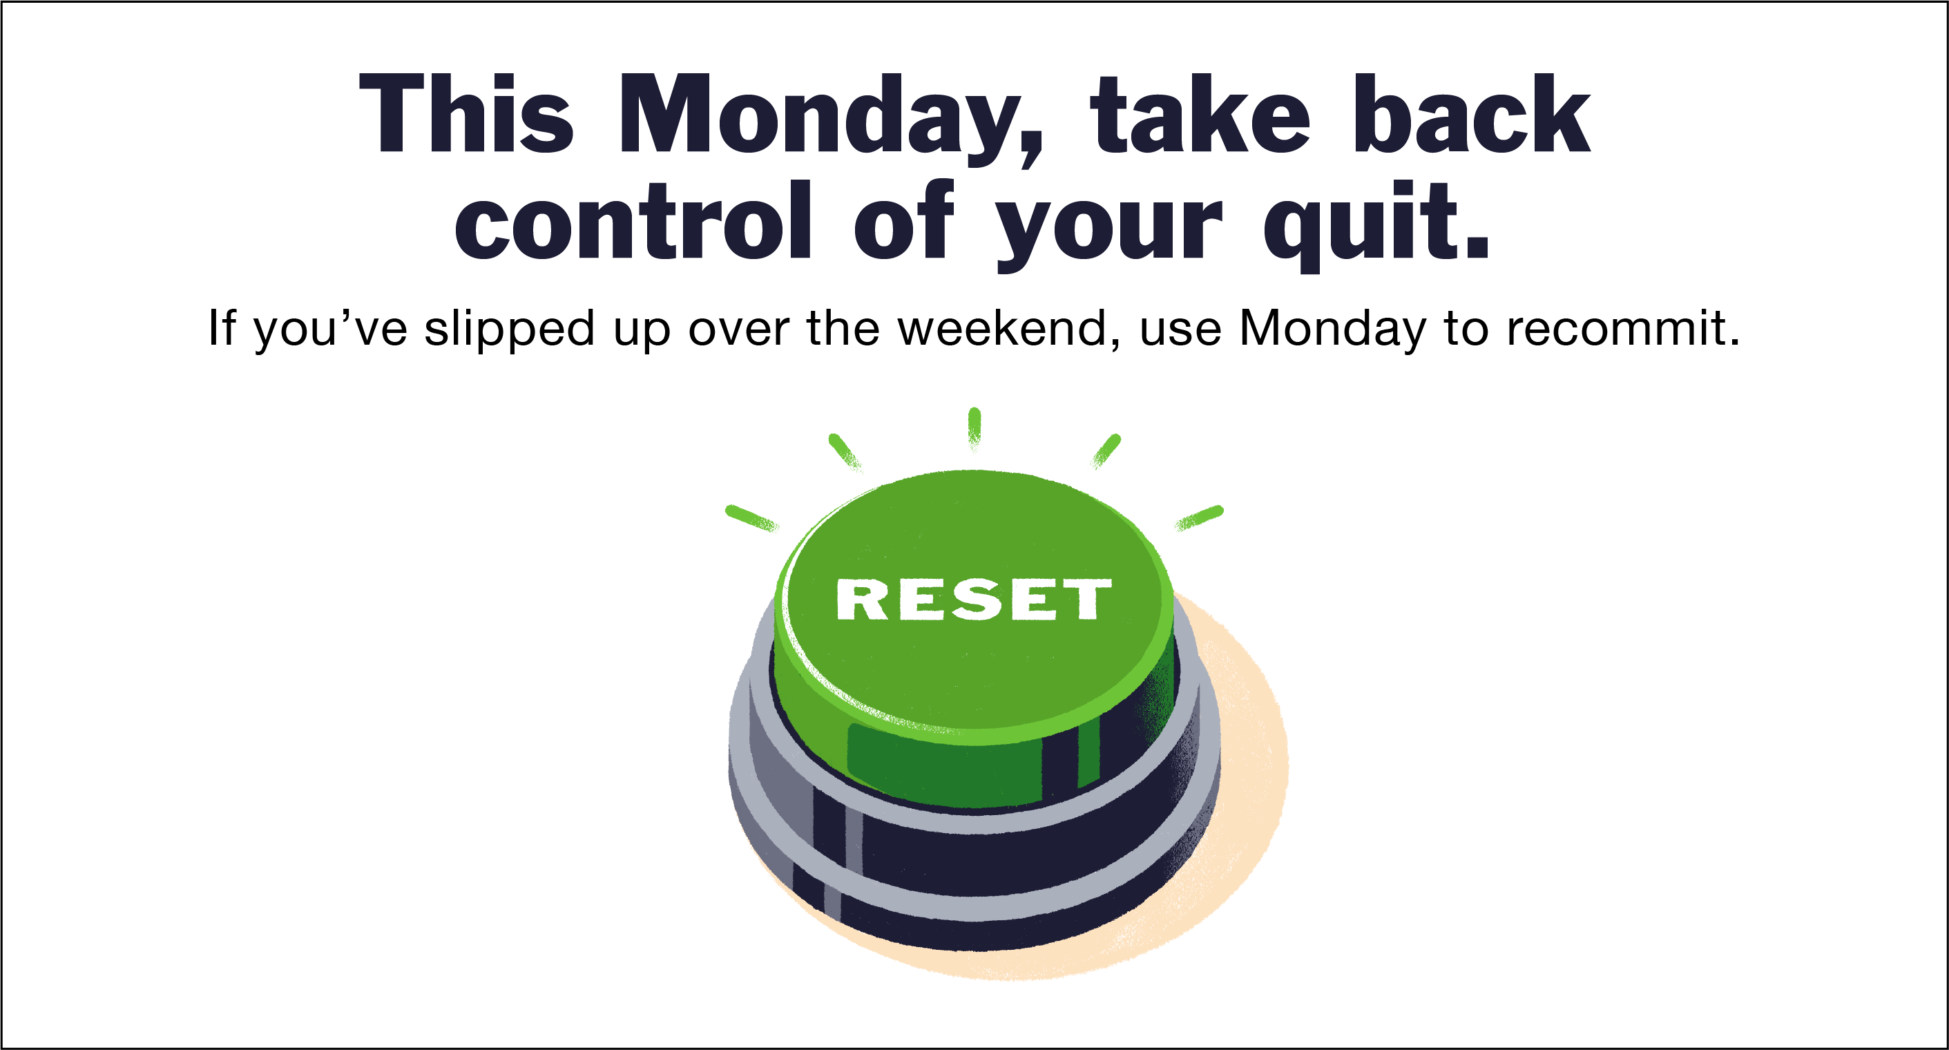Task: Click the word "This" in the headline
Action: click(465, 115)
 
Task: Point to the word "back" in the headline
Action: click(1472, 115)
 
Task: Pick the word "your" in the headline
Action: click(1109, 227)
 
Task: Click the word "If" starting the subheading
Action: click(222, 328)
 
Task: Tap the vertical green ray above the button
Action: click(974, 427)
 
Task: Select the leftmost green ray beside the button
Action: click(751, 518)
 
